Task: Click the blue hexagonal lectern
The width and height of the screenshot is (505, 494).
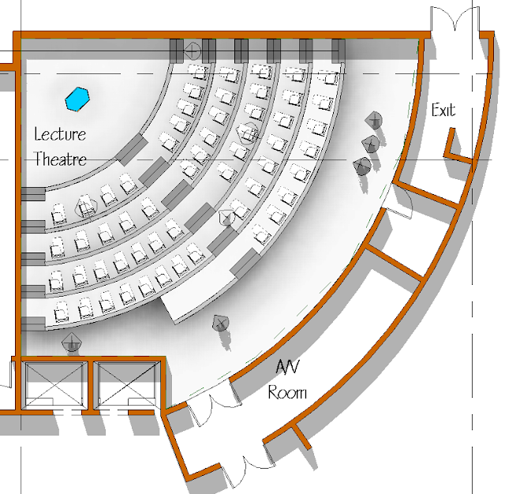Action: click(x=78, y=98)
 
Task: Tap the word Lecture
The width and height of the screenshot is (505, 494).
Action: click(x=60, y=133)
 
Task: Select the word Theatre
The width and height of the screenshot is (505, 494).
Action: click(x=60, y=159)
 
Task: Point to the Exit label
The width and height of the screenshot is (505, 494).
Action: click(x=443, y=110)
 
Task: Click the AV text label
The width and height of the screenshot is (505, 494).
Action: click(x=285, y=367)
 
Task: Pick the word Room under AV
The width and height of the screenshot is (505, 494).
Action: click(x=287, y=392)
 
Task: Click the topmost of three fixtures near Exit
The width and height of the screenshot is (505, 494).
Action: click(x=374, y=120)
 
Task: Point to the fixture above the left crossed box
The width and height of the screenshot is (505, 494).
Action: click(x=73, y=342)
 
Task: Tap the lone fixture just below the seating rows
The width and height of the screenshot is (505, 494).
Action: click(x=221, y=323)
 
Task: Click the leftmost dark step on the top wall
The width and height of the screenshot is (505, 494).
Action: click(x=177, y=49)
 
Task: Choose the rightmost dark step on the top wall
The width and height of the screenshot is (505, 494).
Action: click(x=338, y=49)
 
